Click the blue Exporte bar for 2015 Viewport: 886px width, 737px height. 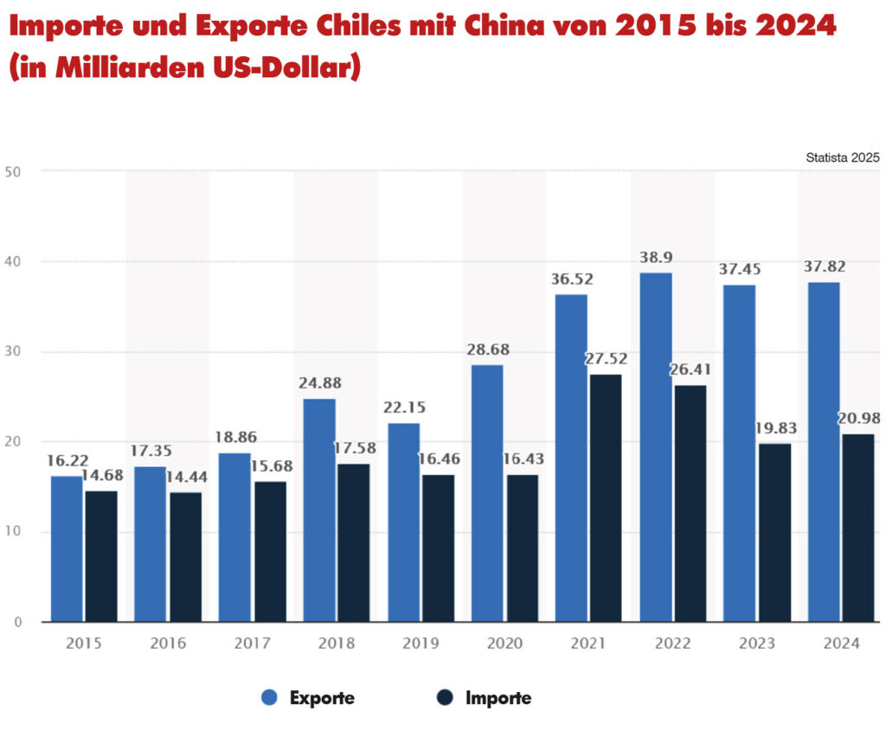click(x=67, y=548)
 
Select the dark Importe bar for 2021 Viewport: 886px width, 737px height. click(x=605, y=497)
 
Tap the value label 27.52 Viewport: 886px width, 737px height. click(x=605, y=359)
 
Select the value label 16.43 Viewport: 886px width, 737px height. click(x=521, y=459)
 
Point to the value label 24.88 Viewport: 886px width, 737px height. click(x=319, y=383)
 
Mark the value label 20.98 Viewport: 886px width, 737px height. click(x=859, y=419)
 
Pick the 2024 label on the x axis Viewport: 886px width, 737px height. click(x=841, y=644)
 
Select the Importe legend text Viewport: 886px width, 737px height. click(x=498, y=698)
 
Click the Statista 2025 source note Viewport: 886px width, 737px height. click(x=842, y=157)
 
